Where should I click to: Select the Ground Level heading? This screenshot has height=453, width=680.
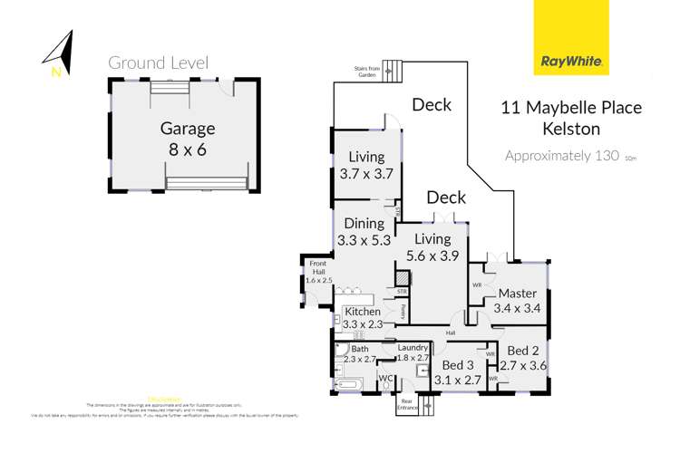click(159, 63)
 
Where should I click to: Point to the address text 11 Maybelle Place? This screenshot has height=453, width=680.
click(571, 108)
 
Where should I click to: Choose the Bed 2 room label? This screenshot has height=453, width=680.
click(525, 358)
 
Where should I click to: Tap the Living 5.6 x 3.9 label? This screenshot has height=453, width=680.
click(432, 246)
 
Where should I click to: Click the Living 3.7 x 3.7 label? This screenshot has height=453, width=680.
click(361, 166)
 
